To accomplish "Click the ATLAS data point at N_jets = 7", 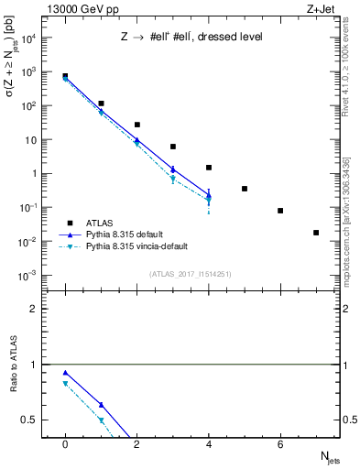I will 316,233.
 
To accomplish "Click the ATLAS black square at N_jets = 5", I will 245,189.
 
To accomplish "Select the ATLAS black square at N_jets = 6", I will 280,211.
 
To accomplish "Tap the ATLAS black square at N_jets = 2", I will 136,125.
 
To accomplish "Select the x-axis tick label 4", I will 208,443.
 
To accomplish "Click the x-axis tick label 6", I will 280,443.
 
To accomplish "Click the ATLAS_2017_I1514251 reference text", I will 191,274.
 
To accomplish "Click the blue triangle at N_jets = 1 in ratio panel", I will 101,404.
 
